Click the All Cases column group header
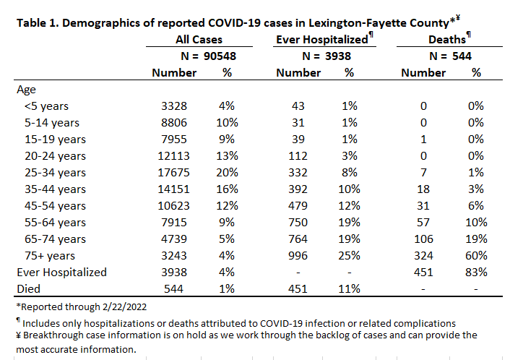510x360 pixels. pos(199,39)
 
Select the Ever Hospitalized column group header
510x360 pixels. pos(322,39)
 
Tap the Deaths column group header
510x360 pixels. pos(447,39)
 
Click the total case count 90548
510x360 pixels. pos(220,56)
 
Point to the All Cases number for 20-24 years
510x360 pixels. pos(173,156)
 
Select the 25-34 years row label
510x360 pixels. pos(55,173)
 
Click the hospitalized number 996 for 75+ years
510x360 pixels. pos(298,255)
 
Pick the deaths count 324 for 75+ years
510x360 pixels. pos(423,255)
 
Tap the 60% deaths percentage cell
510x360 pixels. pos(476,255)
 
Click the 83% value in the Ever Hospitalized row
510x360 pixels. pos(476,272)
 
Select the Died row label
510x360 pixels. pos(29,288)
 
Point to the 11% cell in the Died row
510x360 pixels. pos(350,288)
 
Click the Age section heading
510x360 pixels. pos(26,90)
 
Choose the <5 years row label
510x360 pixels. pos(46,106)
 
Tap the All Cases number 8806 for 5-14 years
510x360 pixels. pos(174,123)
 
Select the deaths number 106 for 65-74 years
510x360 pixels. pos(423,239)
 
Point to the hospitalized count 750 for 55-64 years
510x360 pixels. pos(298,223)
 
